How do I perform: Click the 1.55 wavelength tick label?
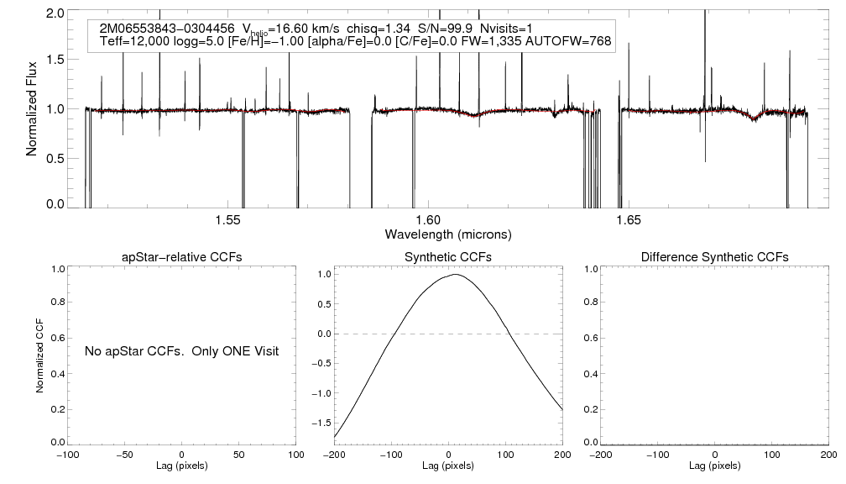pos(228,220)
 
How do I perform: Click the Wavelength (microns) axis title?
pos(447,234)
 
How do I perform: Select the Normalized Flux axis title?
pos(31,108)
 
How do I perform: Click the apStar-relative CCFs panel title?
pos(182,256)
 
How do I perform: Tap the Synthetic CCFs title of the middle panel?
pos(447,256)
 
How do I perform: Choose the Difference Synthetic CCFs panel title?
pos(714,256)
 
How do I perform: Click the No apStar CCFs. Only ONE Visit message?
pos(181,350)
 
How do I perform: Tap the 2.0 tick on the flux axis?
pos(55,13)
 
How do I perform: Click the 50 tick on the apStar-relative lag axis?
pos(238,454)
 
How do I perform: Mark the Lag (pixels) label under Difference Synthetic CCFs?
pos(714,465)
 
